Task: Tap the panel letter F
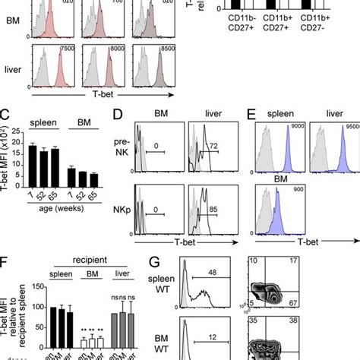click(x=6, y=262)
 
